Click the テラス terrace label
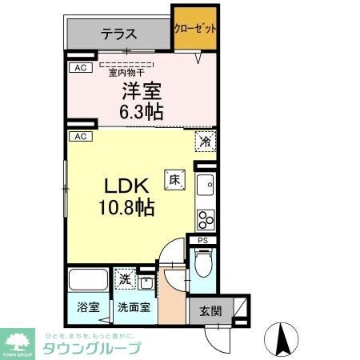118,34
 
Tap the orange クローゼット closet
195,29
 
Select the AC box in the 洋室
79,68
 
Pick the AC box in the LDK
79,137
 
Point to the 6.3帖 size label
142,111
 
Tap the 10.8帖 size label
126,207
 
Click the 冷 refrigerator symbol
205,142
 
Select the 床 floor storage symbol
174,180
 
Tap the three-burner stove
205,218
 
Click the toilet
201,261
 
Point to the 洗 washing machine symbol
124,279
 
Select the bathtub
88,281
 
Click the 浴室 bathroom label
88,306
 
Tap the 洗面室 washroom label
133,306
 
